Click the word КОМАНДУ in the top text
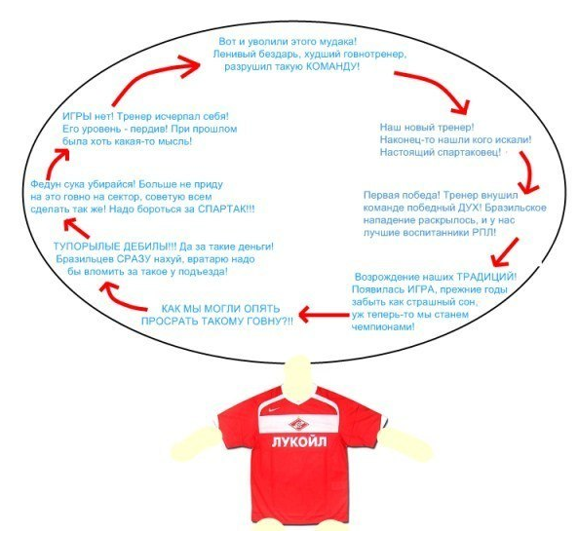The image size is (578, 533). [331, 66]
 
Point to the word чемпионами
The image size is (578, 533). [382, 327]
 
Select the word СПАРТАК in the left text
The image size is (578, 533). [220, 209]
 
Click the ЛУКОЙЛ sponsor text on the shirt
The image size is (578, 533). [299, 441]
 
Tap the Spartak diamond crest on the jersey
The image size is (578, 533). [298, 424]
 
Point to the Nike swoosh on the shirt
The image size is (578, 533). [274, 409]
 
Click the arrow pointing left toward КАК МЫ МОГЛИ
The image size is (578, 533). [324, 315]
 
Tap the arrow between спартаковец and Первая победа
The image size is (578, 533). [529, 171]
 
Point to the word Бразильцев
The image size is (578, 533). [85, 259]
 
